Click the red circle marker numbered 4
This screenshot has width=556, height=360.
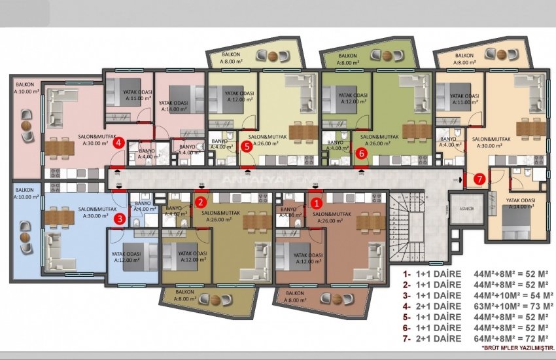[x=118, y=143]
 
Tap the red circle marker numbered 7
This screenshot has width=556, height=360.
[x=479, y=178]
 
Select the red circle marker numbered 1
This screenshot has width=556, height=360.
[x=316, y=204]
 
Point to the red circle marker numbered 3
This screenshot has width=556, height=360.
[x=119, y=219]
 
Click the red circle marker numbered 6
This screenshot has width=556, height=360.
[x=362, y=153]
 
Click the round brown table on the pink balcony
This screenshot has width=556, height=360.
[x=26, y=126]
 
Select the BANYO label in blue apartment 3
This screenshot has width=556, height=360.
[x=142, y=206]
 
